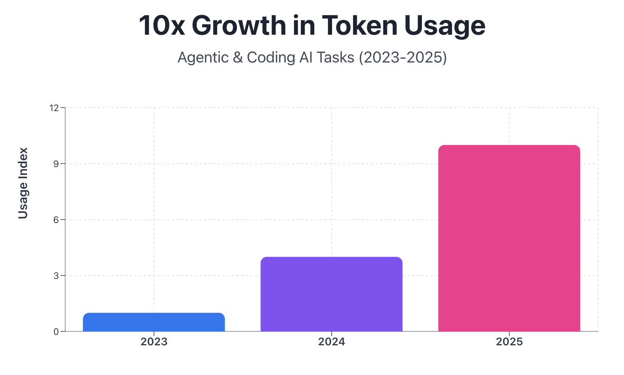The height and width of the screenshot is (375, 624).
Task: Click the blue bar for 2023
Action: click(154, 322)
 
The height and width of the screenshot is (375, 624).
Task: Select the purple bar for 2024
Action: click(331, 294)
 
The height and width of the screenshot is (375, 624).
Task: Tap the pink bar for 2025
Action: click(509, 238)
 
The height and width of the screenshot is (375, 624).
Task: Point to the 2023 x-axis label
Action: click(154, 342)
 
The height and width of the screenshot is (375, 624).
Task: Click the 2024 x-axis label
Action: click(331, 342)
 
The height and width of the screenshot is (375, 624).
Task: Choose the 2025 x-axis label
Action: click(509, 342)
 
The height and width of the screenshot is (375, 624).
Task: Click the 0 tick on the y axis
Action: click(56, 332)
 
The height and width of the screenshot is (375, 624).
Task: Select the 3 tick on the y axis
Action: click(56, 276)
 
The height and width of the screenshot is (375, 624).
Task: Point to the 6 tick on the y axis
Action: click(56, 220)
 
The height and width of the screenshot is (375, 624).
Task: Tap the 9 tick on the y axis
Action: click(56, 164)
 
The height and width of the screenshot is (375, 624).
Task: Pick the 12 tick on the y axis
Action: click(54, 108)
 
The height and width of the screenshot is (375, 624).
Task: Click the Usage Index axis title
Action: click(23, 183)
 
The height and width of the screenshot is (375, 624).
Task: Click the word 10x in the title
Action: click(162, 26)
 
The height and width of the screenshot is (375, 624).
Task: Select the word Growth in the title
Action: click(239, 26)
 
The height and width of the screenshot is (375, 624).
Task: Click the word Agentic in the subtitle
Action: click(203, 57)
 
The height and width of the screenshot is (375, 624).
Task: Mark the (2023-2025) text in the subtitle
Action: click(403, 57)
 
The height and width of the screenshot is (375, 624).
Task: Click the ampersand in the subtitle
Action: click(238, 57)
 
